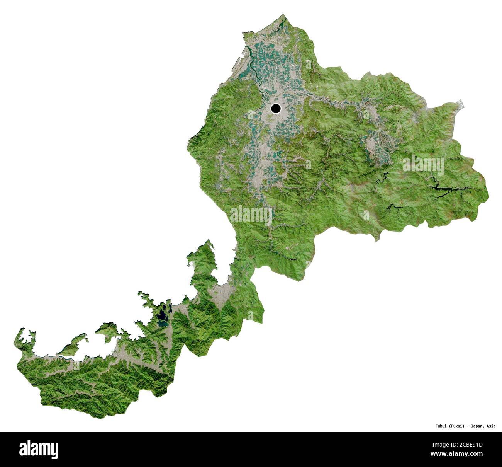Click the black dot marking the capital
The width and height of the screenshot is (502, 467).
[x=276, y=109]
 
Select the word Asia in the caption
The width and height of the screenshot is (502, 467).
[x=491, y=426]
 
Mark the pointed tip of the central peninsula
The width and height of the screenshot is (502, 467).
[x=209, y=241]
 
